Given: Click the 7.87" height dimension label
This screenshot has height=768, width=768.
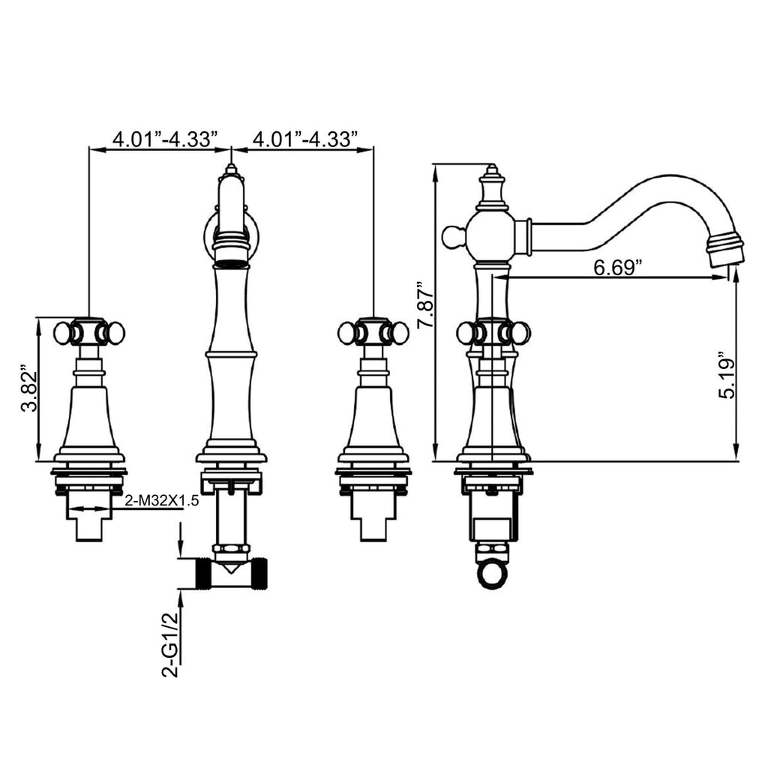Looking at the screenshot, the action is coord(425,305).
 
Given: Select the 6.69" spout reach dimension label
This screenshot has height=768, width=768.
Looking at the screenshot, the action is coord(618,268).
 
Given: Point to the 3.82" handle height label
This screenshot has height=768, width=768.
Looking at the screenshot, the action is coord(29,388).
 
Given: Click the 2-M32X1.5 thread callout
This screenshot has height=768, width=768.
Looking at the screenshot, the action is coord(162,501).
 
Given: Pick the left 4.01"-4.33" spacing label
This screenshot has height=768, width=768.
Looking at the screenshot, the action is coord(165,139).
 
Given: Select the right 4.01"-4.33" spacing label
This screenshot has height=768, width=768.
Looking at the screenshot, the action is coord(305,139).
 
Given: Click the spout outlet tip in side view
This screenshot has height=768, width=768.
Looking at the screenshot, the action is coord(725,250).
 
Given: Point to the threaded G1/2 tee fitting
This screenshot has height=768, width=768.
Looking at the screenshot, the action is coord(231,572).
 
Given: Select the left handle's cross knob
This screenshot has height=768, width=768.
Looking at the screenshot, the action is coord(89,333).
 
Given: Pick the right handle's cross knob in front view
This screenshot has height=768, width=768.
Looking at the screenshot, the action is coord(373,333).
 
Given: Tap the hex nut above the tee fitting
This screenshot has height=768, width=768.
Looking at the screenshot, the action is coord(231,548).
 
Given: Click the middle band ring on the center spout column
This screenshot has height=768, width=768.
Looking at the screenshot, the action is coord(231,354).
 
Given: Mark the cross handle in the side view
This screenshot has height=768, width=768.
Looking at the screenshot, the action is coord(493,333).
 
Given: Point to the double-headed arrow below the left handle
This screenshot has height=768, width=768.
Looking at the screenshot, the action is coord(89,509).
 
